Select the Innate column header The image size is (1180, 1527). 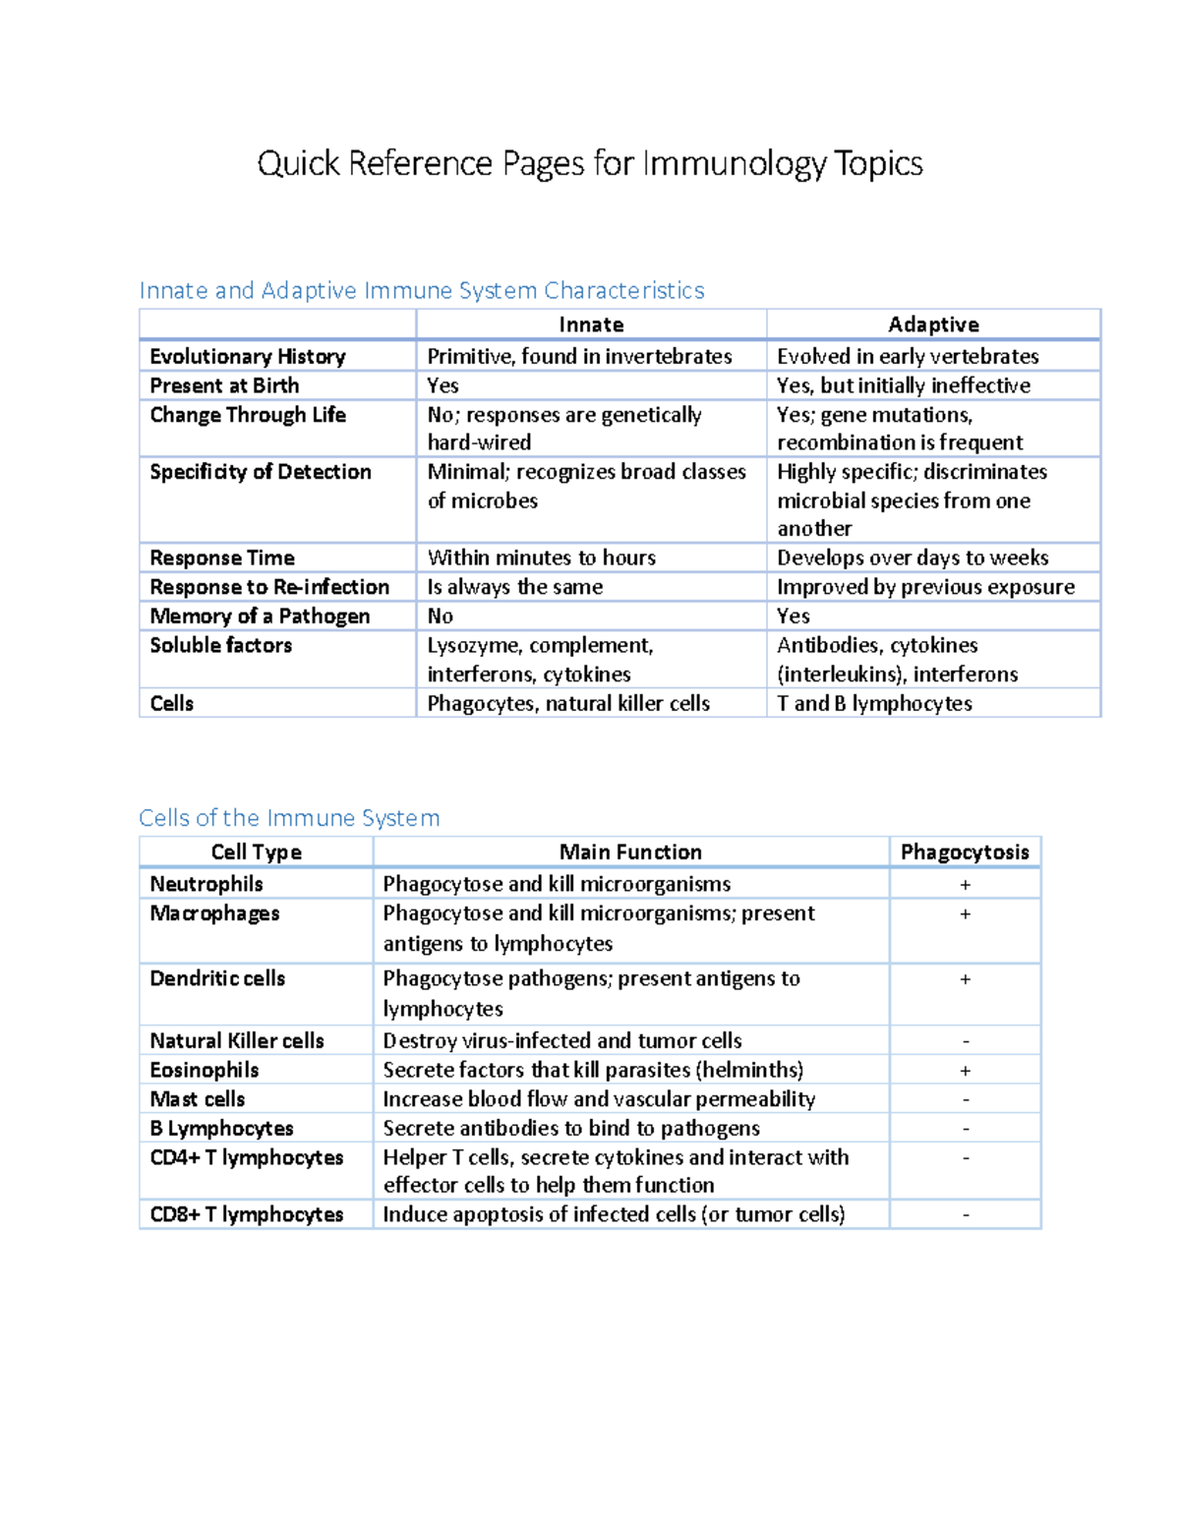point(591,324)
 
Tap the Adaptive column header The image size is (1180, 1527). point(933,324)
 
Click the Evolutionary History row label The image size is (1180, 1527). point(248,356)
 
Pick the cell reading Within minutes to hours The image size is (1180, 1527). point(541,558)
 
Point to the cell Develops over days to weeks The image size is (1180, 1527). point(913,558)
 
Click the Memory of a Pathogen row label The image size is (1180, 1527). point(260,616)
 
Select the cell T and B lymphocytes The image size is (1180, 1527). point(874,703)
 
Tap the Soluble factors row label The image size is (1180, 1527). point(221,645)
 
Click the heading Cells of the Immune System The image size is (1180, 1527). point(289,818)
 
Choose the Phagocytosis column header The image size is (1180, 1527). point(965,852)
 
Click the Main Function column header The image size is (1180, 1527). point(630,852)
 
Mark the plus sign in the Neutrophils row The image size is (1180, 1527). point(966,885)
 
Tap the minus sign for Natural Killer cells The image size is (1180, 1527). point(966,1041)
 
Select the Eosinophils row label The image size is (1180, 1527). point(205,1070)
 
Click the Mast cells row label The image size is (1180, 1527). point(198,1099)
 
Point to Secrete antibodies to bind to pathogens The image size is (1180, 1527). point(570,1128)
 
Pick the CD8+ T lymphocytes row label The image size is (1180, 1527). point(247,1214)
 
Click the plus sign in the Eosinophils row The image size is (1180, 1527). point(966,1071)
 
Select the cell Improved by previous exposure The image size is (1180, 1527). point(925,587)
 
